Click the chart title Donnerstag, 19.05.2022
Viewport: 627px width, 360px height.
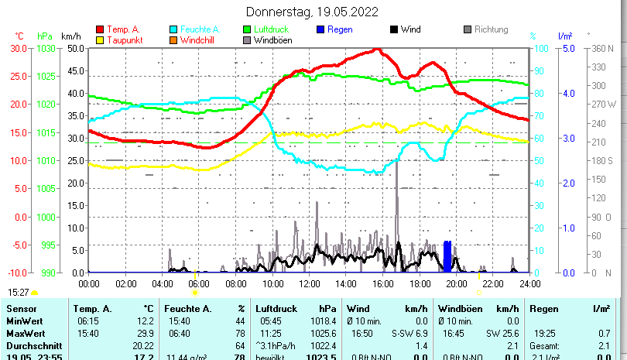tap(312, 12)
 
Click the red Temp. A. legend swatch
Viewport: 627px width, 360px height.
tap(99, 29)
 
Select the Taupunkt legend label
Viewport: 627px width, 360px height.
tap(123, 40)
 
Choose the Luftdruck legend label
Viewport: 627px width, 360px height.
tap(270, 29)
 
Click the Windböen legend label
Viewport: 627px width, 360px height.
tap(272, 40)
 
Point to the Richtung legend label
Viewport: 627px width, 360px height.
tap(492, 29)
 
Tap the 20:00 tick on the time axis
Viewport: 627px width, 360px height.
tap(456, 283)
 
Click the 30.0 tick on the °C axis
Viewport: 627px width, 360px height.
tap(19, 48)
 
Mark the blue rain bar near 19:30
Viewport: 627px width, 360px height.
tap(447, 256)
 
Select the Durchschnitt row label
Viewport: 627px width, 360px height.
tap(29, 345)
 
